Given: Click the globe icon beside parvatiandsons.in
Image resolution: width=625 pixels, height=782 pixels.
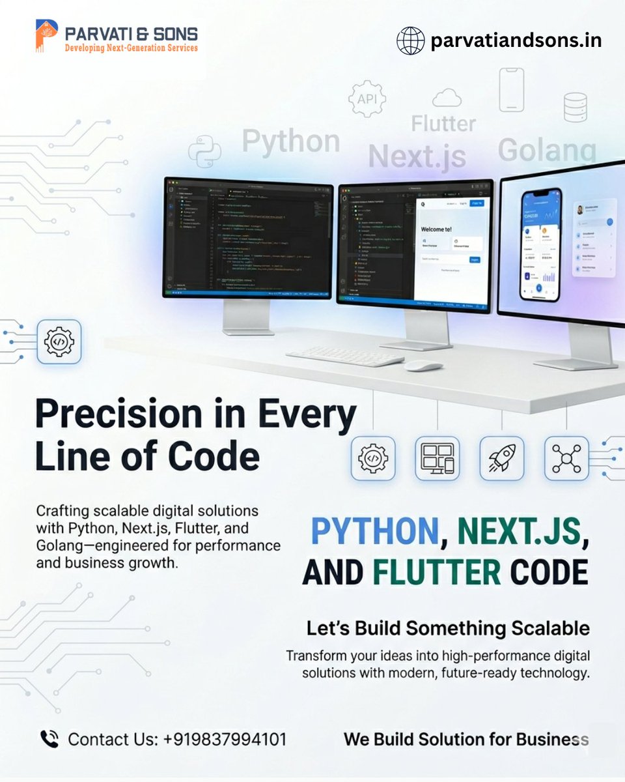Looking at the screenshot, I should click(411, 40).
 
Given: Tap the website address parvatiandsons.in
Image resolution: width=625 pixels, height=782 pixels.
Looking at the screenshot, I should click(516, 40).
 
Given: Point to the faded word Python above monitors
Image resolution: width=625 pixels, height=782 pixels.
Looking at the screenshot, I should click(291, 141).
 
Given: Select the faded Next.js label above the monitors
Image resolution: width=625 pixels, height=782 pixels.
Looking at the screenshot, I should click(417, 156).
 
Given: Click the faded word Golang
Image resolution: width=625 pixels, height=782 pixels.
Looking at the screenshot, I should click(547, 150).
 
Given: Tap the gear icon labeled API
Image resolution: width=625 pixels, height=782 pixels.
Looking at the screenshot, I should click(367, 99).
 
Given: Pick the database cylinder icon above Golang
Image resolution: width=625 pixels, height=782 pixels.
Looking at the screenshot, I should click(575, 107).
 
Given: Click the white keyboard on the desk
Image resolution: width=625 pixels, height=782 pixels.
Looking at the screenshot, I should click(345, 356).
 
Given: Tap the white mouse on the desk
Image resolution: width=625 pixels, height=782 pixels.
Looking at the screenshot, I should click(423, 366).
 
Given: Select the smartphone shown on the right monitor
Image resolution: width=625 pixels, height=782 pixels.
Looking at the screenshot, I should click(540, 244).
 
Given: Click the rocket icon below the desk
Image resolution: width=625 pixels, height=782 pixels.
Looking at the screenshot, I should click(502, 458).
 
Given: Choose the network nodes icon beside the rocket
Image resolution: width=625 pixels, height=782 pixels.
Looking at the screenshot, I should click(566, 458).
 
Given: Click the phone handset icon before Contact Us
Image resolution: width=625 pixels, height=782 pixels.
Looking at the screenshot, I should click(49, 739).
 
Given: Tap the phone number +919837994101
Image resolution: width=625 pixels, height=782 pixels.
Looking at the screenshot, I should click(225, 740).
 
